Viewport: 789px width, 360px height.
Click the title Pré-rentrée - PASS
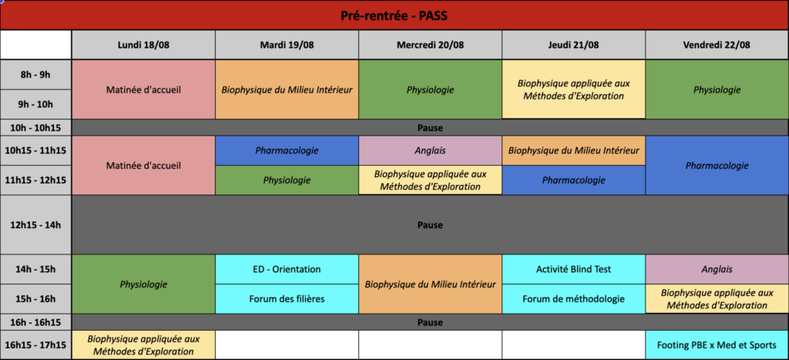394,16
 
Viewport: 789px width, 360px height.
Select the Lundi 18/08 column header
143,45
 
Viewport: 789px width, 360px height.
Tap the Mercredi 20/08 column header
430,45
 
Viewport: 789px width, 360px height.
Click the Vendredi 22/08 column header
717,45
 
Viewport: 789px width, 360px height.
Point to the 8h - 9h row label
35,75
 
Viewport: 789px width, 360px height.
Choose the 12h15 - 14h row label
35,224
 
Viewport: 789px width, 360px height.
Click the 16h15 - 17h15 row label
35,345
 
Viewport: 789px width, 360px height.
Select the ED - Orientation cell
287,269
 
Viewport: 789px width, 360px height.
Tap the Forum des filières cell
287,298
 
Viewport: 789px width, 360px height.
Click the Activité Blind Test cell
573,269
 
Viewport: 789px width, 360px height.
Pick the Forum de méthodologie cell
573,298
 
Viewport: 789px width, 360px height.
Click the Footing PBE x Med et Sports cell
717,345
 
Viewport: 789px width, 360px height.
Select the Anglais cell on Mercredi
430,150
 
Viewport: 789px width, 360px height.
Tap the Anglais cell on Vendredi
717,269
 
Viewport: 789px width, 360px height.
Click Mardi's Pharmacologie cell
287,150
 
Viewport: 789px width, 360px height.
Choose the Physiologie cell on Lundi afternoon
143,284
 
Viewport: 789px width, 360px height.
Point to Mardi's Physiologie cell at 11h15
287,180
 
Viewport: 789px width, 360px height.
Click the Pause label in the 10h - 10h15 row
430,128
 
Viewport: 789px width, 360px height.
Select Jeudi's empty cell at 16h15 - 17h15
573,345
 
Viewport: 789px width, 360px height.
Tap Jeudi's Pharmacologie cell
573,180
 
